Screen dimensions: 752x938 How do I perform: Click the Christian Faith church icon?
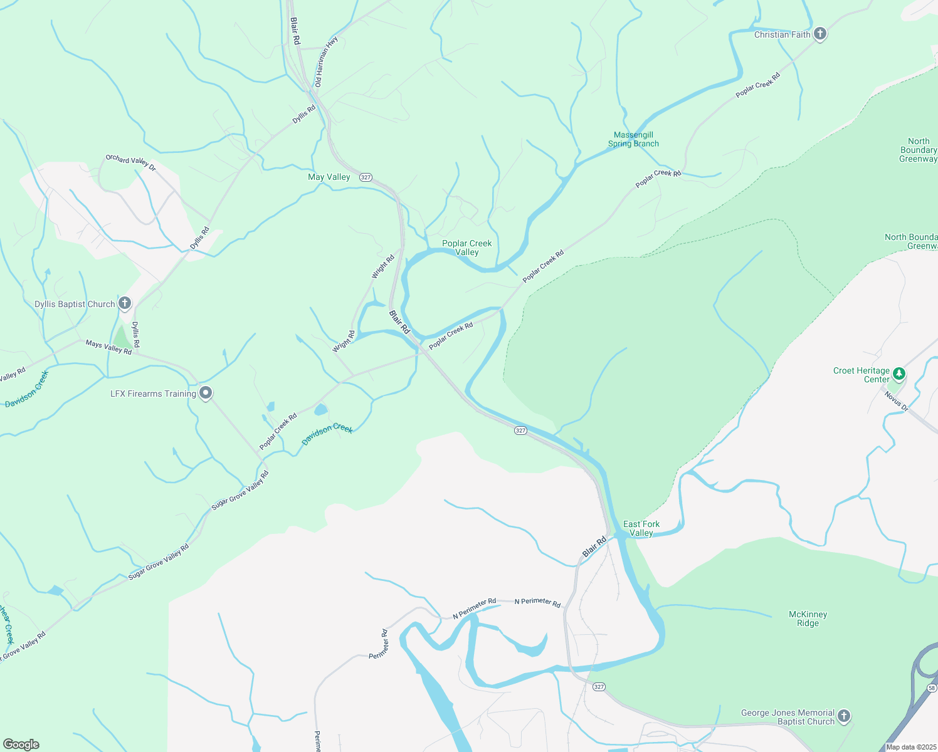coord(820,34)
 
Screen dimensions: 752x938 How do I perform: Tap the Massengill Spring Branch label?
coord(633,139)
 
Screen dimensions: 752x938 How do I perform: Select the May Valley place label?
coord(329,177)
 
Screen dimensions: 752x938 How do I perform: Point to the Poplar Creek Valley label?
coord(467,248)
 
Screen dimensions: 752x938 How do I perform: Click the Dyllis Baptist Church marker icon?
coord(125,304)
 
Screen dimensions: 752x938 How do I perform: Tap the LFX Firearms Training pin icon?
coord(206,393)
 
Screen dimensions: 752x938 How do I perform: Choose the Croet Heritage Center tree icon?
coord(899,374)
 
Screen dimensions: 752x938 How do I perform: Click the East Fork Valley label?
coord(641,528)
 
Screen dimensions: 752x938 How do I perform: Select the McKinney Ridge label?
coord(808,619)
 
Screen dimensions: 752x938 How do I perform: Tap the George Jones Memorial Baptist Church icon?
coord(844,716)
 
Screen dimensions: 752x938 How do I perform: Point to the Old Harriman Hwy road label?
coord(326,61)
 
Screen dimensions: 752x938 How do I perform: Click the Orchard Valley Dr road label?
coord(130,162)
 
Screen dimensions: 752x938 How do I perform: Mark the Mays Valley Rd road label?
coord(108,348)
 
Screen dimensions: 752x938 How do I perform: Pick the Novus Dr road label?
coord(896,400)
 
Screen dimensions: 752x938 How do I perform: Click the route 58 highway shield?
coord(931,687)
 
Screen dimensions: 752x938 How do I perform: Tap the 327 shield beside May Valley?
coord(366,177)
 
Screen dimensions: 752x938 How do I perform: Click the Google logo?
coord(21,744)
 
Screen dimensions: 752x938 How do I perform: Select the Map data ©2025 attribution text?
coord(910,747)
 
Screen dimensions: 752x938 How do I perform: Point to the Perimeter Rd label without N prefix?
coord(378,644)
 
